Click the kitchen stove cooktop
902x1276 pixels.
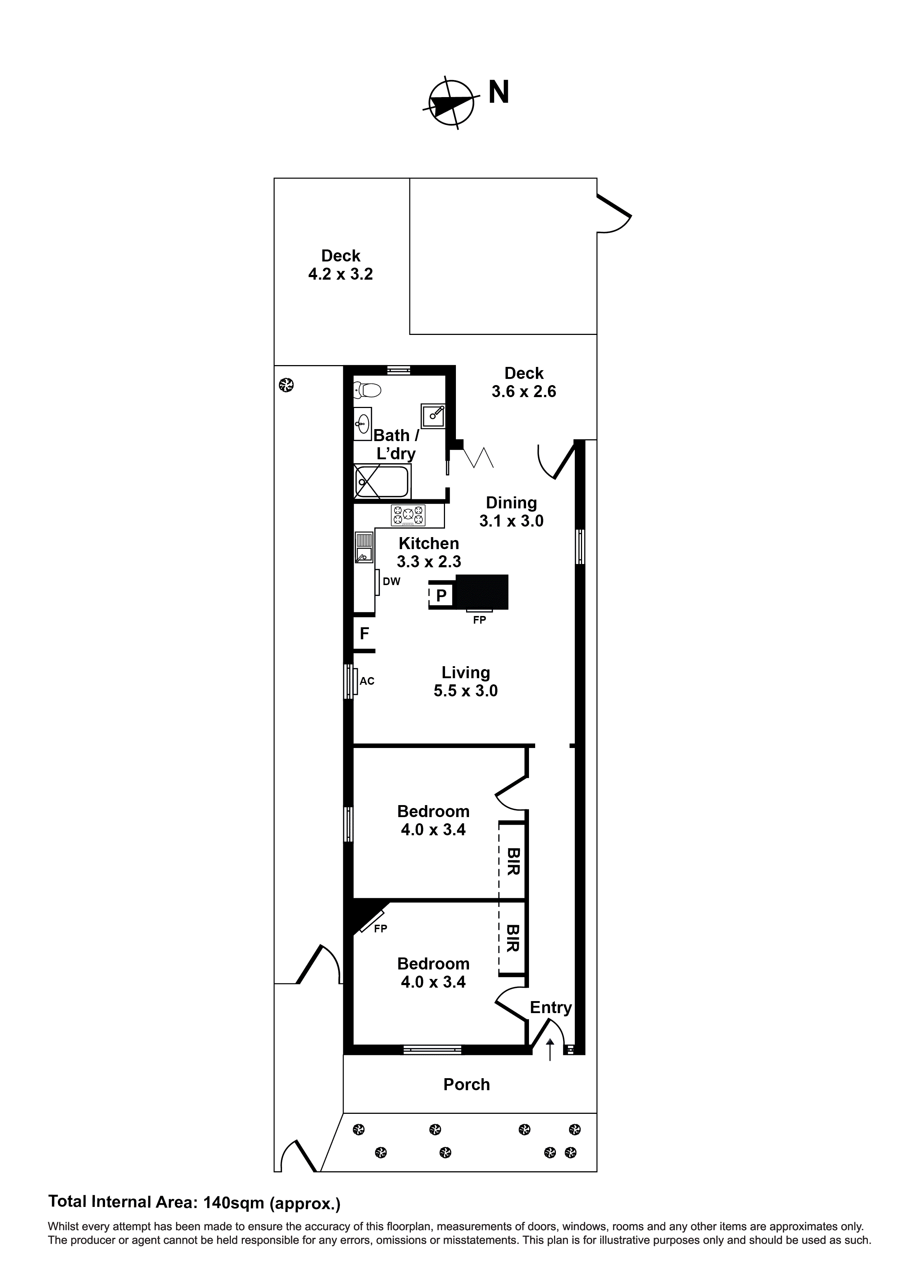pyautogui.click(x=408, y=515)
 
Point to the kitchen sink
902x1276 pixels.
pyautogui.click(x=364, y=547)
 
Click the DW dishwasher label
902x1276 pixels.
pyautogui.click(x=391, y=582)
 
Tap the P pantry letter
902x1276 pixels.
pyautogui.click(x=441, y=596)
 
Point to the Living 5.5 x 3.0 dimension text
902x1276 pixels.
pyautogui.click(x=466, y=691)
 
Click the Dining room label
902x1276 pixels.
pyautogui.click(x=511, y=503)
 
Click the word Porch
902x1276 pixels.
pyautogui.click(x=467, y=1084)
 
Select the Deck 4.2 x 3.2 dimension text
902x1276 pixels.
pyautogui.click(x=341, y=274)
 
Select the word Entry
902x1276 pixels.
pyautogui.click(x=551, y=1008)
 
